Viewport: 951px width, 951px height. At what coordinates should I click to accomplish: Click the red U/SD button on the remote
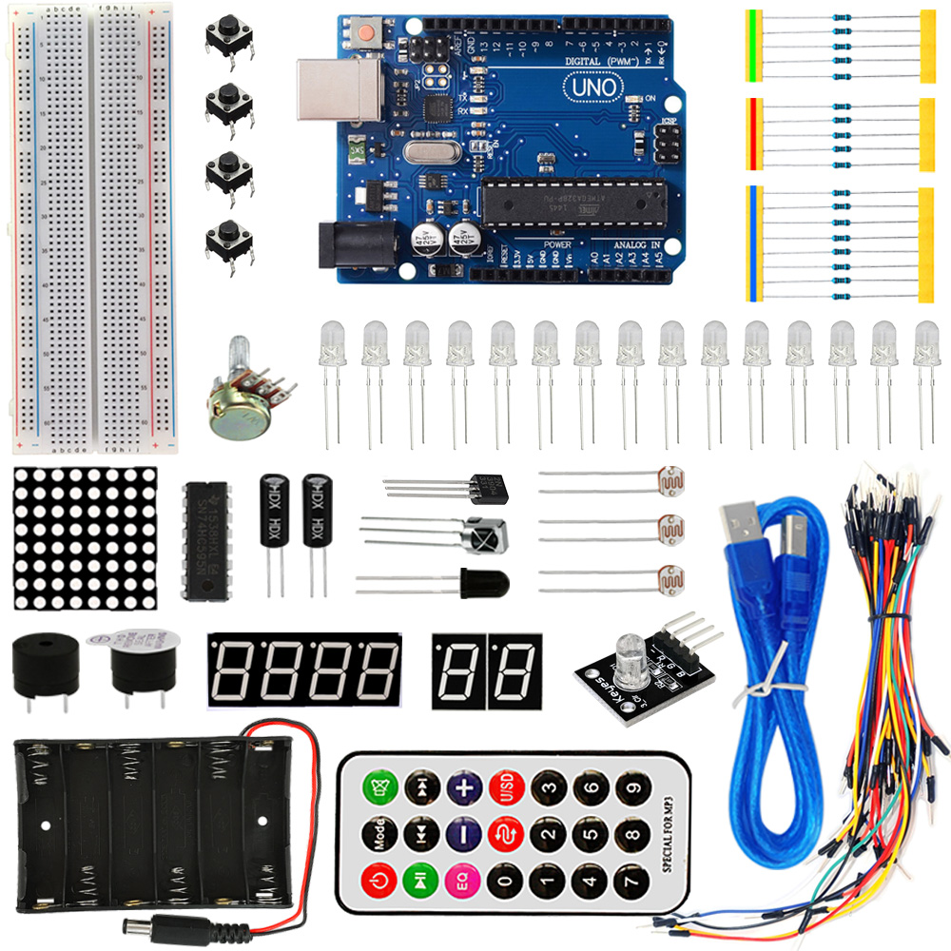507,787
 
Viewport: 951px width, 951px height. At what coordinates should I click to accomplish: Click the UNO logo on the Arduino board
593,87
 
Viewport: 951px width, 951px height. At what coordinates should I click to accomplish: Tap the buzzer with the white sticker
142,663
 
